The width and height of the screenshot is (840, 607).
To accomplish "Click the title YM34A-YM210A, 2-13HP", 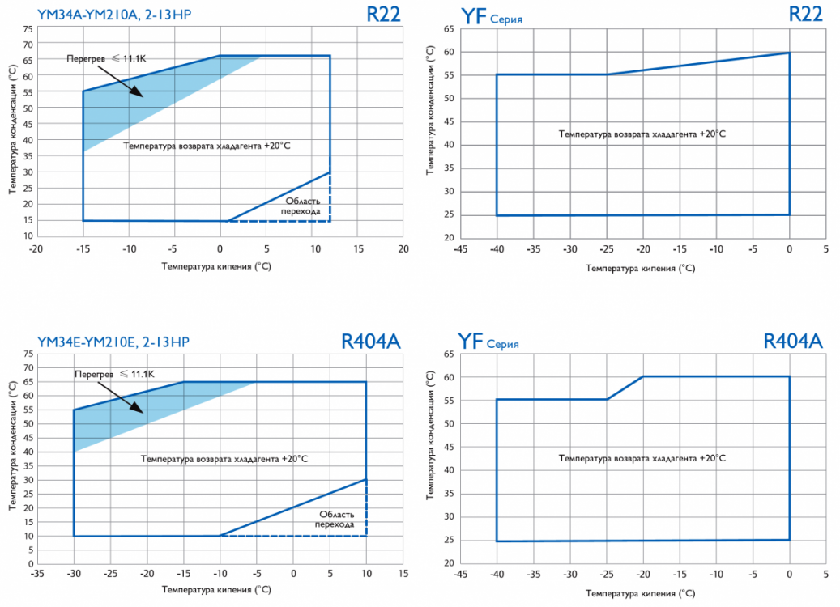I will pos(114,15).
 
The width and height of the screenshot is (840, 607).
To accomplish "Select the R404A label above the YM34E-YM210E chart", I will pos(370,342).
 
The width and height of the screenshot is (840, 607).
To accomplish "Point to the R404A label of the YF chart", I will pos(793,342).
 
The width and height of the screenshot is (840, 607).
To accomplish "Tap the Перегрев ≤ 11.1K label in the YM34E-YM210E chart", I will pos(113,375).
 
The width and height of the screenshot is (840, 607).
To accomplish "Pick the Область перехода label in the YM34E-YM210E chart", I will pos(336,519).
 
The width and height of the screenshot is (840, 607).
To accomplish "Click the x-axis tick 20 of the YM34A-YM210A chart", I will pos(403,249).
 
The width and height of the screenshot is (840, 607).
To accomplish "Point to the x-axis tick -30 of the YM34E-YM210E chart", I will pos(73,577).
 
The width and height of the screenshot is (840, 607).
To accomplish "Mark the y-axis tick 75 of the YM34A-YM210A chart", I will pos(28,28).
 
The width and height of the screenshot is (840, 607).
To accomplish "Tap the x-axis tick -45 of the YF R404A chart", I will pos(459,576).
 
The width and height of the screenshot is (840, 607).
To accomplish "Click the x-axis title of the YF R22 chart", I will pos(642,268).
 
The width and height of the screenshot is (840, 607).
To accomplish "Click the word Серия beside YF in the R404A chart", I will pos(502,345).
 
